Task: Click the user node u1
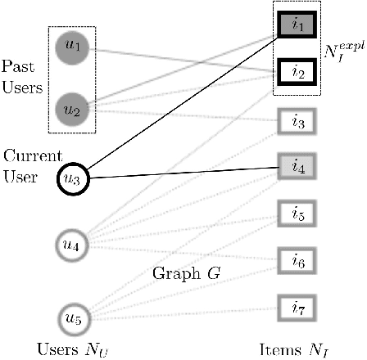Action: [x=71, y=47]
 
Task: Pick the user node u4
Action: [x=71, y=243]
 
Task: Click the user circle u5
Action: [x=71, y=317]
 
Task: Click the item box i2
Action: [x=297, y=72]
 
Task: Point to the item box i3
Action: [x=297, y=123]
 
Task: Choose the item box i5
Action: [x=297, y=216]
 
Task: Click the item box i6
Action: [x=297, y=261]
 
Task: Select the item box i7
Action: [x=297, y=308]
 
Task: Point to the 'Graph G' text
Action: [x=182, y=272]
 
